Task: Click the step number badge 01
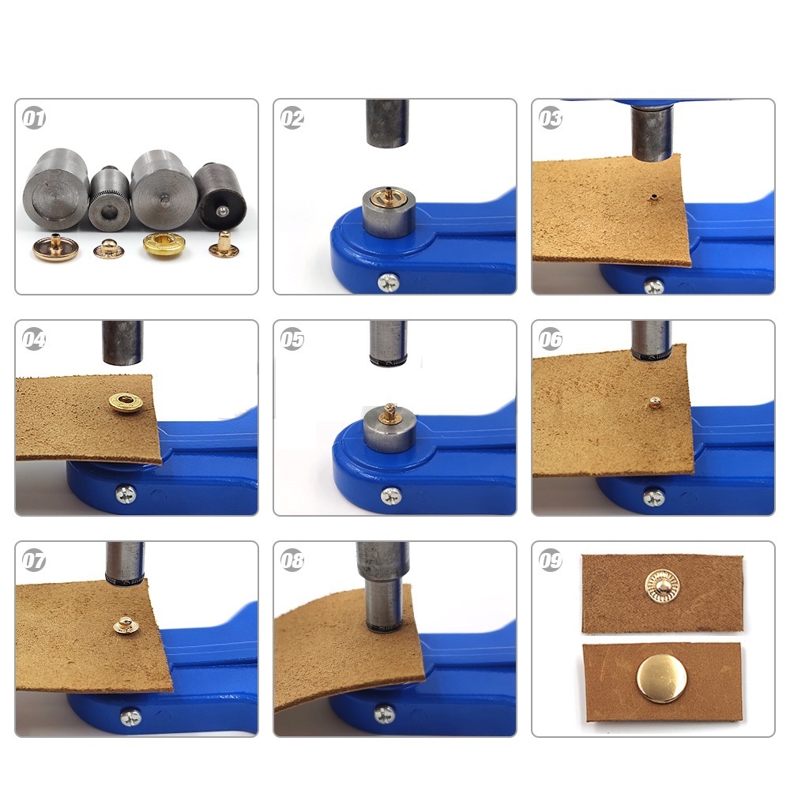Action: click(34, 118)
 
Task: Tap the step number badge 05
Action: click(292, 339)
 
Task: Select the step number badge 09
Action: click(550, 560)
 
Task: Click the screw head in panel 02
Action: click(389, 282)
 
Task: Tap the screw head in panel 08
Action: click(385, 714)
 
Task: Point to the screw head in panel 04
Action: click(126, 495)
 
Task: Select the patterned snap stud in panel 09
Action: click(663, 587)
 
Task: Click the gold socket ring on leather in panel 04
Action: click(126, 402)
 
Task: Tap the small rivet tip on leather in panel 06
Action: click(654, 402)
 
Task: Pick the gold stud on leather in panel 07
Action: click(126, 625)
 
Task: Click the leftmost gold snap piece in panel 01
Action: click(55, 247)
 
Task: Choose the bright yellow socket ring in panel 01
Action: click(164, 244)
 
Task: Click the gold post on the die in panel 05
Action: click(389, 413)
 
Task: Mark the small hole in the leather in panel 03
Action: click(653, 197)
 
